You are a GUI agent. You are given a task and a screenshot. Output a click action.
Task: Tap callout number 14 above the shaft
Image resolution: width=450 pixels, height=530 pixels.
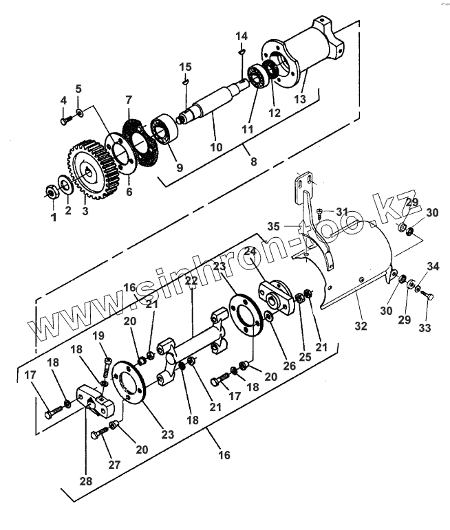point(241,35)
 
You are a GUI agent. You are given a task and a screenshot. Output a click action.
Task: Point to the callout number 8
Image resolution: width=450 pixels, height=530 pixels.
point(253,162)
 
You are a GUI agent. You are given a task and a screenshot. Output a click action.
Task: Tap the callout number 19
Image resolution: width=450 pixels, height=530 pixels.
point(98,336)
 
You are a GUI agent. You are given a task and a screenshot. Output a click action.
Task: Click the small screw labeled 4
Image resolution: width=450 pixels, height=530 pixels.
point(63,120)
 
